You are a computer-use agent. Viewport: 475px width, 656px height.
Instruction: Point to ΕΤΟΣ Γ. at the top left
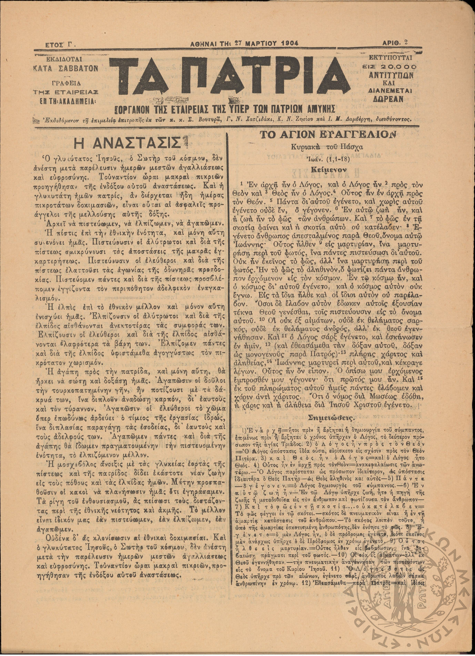(60, 44)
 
